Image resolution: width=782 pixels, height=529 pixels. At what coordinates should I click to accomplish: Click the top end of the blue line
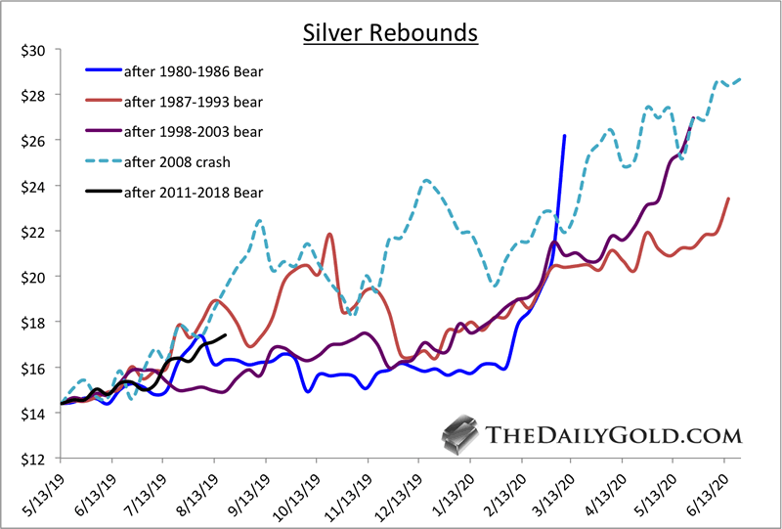pyautogui.click(x=564, y=136)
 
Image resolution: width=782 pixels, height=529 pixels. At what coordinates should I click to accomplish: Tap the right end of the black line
pyautogui.click(x=226, y=335)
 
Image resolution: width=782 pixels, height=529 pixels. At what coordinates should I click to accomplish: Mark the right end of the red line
pyautogui.click(x=728, y=198)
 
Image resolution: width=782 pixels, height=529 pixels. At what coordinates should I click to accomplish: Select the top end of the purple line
pyautogui.click(x=693, y=118)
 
